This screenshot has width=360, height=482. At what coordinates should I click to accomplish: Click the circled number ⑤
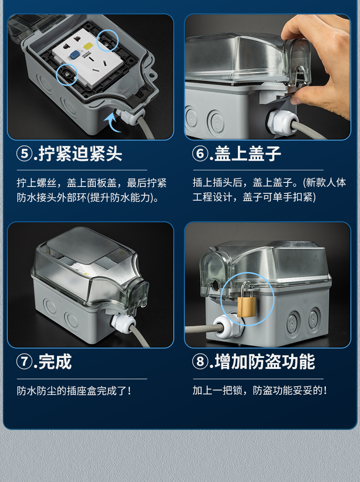click(x=24, y=154)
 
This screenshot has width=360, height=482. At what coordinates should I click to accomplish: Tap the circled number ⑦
click(x=24, y=362)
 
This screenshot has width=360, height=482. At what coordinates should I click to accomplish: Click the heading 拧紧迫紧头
click(x=80, y=154)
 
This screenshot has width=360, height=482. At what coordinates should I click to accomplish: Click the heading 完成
click(x=55, y=362)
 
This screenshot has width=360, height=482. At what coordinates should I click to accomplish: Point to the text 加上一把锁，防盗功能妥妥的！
click(x=260, y=391)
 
